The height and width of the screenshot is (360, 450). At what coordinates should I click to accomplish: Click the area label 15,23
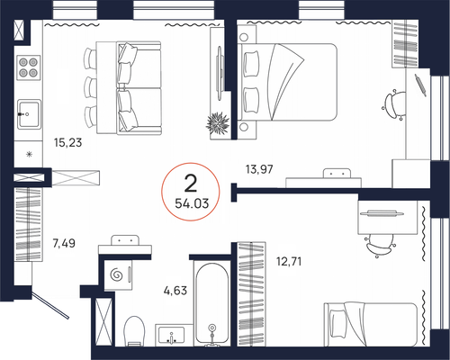click(67, 142)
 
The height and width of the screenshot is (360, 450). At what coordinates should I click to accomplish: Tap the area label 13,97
click(259, 169)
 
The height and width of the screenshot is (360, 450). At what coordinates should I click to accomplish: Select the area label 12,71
click(289, 262)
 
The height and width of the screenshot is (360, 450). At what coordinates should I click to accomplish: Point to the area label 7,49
click(64, 243)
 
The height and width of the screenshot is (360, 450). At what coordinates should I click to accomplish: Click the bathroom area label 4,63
click(175, 291)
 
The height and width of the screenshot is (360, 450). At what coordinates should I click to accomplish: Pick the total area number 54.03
click(192, 203)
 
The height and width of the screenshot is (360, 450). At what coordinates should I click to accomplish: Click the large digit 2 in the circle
click(191, 184)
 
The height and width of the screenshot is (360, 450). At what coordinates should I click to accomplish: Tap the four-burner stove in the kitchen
click(29, 67)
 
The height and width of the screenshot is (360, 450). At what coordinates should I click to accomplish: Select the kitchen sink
click(29, 114)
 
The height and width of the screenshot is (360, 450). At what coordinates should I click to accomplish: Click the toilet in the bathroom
click(134, 331)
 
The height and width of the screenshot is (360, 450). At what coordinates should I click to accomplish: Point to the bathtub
click(211, 303)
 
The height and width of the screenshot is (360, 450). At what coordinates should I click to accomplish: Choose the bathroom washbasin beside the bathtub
click(171, 335)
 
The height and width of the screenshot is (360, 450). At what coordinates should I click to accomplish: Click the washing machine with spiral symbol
click(118, 275)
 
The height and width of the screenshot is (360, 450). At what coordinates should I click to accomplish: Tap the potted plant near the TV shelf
click(218, 123)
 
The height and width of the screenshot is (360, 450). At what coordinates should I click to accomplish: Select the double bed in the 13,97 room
click(287, 82)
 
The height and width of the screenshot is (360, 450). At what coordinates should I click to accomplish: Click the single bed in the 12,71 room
click(371, 324)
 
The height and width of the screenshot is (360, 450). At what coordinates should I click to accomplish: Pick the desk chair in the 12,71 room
click(380, 246)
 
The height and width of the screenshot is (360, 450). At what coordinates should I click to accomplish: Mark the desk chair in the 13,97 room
click(393, 104)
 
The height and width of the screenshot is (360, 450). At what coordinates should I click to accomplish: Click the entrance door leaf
click(50, 305)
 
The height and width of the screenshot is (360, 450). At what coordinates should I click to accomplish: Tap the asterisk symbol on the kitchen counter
click(29, 155)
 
